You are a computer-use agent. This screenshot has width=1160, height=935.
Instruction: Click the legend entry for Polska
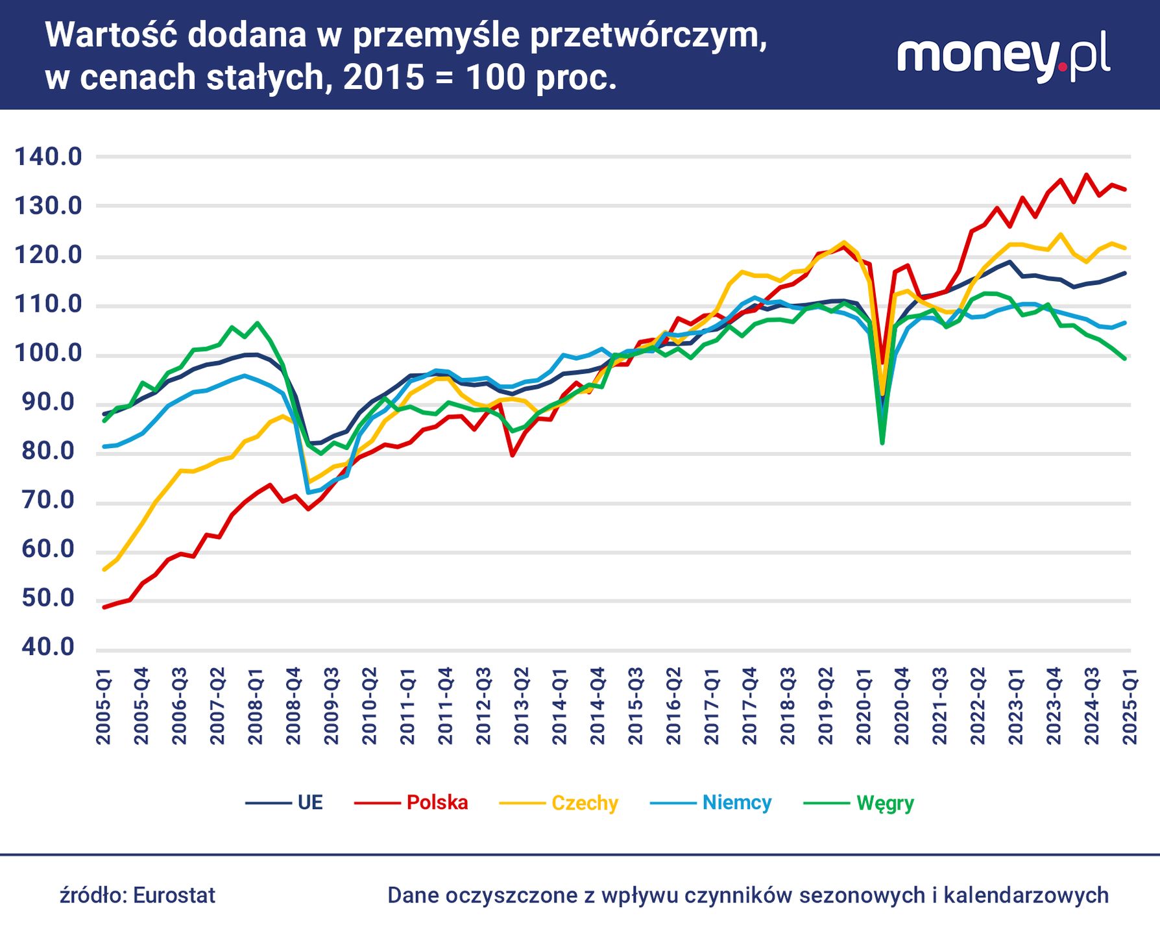(x=437, y=803)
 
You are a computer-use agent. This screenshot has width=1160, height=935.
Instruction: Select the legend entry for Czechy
(x=585, y=803)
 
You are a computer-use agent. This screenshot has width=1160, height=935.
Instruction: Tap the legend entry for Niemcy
(x=736, y=803)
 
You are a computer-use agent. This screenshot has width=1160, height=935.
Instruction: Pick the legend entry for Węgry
(x=885, y=803)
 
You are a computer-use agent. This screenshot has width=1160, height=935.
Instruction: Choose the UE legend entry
(x=309, y=803)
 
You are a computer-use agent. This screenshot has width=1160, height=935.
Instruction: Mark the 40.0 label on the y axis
(x=48, y=647)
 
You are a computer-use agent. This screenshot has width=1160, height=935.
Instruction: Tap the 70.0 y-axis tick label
(x=48, y=500)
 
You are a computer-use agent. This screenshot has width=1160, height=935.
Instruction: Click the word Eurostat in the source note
(x=174, y=895)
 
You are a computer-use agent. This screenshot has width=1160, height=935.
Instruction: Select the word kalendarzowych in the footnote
(x=1026, y=895)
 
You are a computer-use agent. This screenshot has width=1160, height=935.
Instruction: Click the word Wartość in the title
(x=111, y=35)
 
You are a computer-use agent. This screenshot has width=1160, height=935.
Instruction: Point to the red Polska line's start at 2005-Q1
(x=104, y=607)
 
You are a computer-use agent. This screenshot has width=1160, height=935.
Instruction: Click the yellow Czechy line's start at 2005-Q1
(x=104, y=569)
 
